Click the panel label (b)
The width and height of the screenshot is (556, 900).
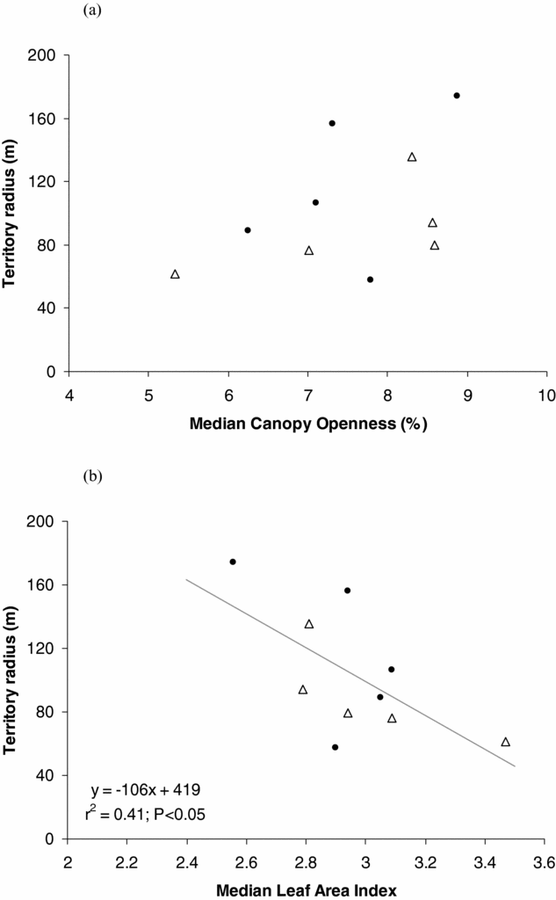(92, 478)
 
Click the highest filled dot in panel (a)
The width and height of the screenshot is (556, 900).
(457, 95)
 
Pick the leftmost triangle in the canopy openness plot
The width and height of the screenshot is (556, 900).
(175, 274)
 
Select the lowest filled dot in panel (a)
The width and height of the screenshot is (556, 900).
(370, 279)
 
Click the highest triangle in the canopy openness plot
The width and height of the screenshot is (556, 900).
(412, 157)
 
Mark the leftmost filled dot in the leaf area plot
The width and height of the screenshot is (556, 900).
(233, 562)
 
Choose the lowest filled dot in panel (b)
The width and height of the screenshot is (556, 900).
(336, 747)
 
